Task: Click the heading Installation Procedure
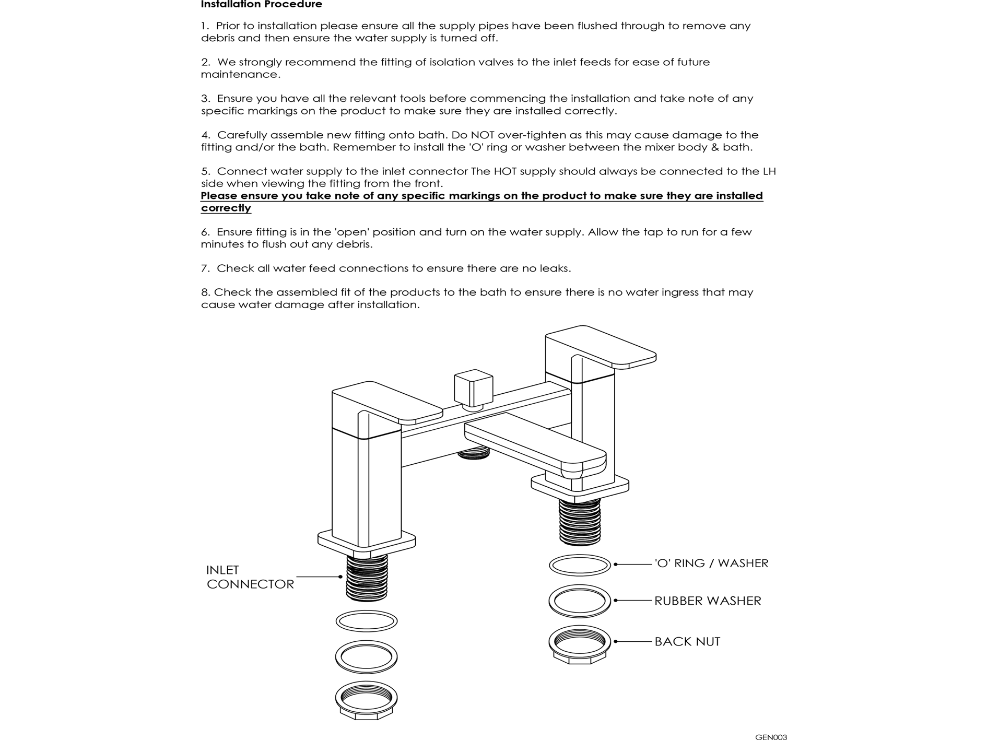pyautogui.click(x=261, y=5)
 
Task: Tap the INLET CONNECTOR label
pyautogui.click(x=250, y=577)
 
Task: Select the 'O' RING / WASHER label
pyautogui.click(x=711, y=563)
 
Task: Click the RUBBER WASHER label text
pyautogui.click(x=708, y=601)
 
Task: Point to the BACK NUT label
pyautogui.click(x=687, y=642)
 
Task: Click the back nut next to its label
pyautogui.click(x=580, y=644)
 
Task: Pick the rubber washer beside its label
pyautogui.click(x=580, y=601)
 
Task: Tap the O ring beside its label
pyautogui.click(x=580, y=565)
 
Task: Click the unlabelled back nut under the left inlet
pyautogui.click(x=366, y=700)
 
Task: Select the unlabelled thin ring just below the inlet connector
pyautogui.click(x=366, y=621)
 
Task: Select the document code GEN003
pyautogui.click(x=771, y=737)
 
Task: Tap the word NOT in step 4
pyautogui.click(x=483, y=135)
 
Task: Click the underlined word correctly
pyautogui.click(x=226, y=208)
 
